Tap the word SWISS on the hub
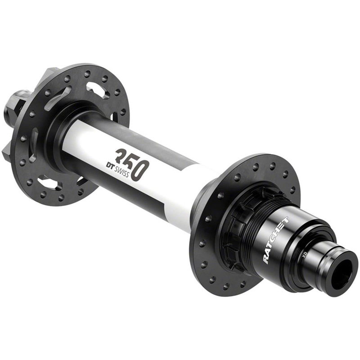118,173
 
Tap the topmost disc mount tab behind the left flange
50,74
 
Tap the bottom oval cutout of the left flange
47,182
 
